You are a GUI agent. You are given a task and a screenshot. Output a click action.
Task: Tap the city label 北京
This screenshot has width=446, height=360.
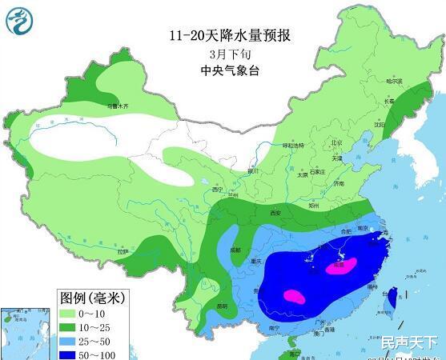[x=336, y=143]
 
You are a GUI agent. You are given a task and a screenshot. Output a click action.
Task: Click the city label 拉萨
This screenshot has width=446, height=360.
[x=122, y=251]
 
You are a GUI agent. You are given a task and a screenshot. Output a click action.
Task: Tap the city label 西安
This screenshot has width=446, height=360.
[x=275, y=214]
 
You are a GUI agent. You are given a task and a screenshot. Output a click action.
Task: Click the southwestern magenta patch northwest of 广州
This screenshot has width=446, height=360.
[x=292, y=297]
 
